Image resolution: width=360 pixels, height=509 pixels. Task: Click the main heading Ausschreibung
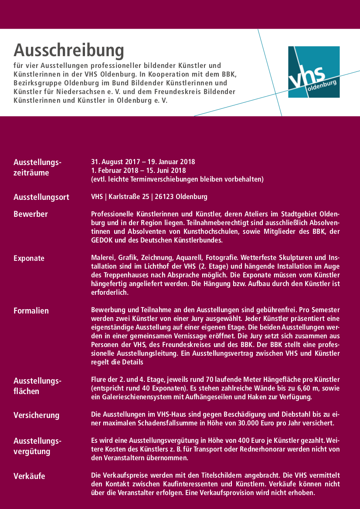(69, 51)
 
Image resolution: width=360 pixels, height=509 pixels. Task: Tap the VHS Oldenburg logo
(314, 72)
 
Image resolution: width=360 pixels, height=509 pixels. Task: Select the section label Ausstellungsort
(41, 197)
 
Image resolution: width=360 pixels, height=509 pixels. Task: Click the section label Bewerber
(31, 214)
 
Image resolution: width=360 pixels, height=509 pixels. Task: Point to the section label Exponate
(29, 258)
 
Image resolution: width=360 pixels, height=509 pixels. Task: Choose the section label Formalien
(31, 310)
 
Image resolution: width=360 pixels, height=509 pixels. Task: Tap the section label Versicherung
(36, 415)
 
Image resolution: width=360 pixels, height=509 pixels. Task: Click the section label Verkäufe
(29, 476)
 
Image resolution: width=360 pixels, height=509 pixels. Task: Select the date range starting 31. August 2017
(143, 162)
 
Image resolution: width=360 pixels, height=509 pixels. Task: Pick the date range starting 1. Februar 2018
(138, 170)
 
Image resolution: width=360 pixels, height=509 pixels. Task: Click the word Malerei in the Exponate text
(102, 257)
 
